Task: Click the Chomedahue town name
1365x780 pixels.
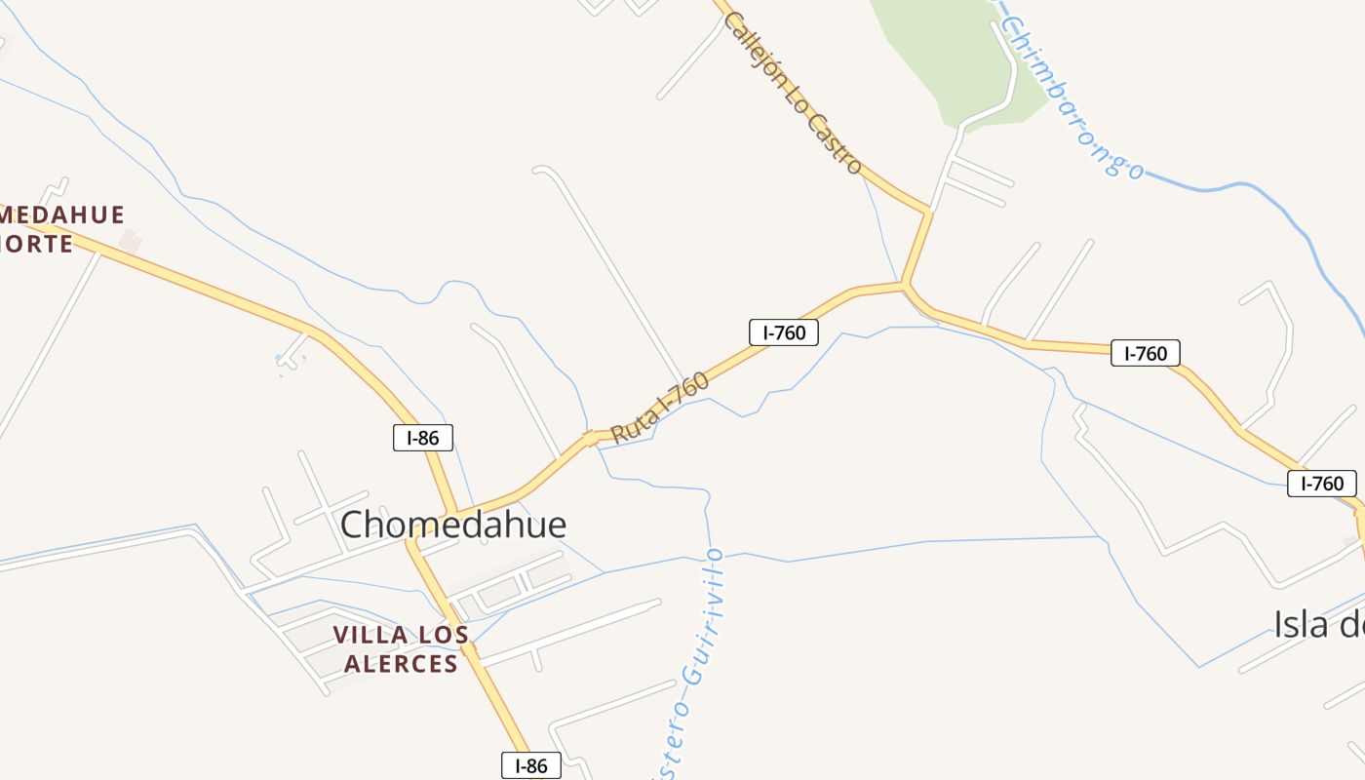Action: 453,525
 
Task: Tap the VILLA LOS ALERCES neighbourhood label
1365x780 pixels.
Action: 400,649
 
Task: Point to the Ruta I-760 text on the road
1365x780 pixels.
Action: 660,408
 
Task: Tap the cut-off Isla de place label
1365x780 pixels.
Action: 1318,624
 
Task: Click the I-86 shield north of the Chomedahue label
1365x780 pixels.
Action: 422,438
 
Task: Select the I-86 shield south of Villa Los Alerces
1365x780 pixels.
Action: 531,765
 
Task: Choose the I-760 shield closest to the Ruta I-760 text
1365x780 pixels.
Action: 784,332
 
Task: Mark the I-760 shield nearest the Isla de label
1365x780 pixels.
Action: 1321,483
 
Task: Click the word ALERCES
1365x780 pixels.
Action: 396,664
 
